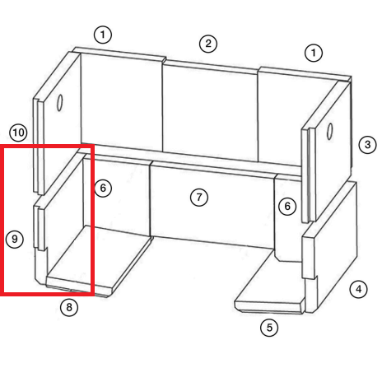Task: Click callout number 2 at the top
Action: click(x=208, y=44)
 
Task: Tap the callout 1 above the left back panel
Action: click(x=103, y=35)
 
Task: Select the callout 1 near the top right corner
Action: click(x=314, y=53)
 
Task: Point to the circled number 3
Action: click(x=367, y=144)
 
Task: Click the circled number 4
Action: click(x=359, y=289)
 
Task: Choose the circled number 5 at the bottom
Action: click(x=269, y=328)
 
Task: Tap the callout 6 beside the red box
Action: click(x=103, y=188)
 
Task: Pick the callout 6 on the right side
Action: click(x=287, y=206)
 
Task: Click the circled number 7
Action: click(x=199, y=197)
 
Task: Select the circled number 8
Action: click(x=69, y=307)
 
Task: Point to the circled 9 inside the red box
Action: click(x=15, y=239)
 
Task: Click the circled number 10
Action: click(x=18, y=133)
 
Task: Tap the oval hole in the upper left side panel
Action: click(x=59, y=103)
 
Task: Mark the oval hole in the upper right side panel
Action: click(x=329, y=132)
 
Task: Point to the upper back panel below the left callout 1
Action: click(x=121, y=100)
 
